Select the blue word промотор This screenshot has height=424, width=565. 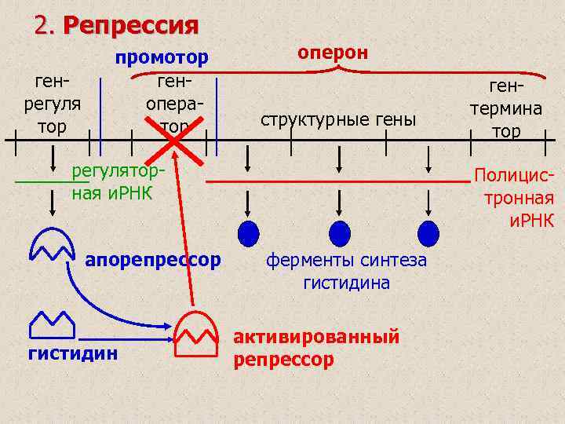coord(162,57)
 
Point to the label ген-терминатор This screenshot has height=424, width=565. coord(506,109)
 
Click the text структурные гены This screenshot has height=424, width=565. coord(338,119)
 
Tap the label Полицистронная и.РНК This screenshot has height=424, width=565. coord(518,198)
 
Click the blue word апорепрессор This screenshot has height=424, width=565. coord(153,259)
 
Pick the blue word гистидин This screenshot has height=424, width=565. coord(73,353)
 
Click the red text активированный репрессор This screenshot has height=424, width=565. coord(316,348)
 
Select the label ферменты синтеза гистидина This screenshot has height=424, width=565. coord(346,271)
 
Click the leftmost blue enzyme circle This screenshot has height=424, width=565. coord(248,232)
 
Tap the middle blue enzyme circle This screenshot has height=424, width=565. coord(339,232)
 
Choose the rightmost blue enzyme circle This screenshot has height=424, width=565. coord(428,232)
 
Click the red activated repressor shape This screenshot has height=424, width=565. coord(195,334)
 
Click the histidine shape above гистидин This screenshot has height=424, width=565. coord(52,322)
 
